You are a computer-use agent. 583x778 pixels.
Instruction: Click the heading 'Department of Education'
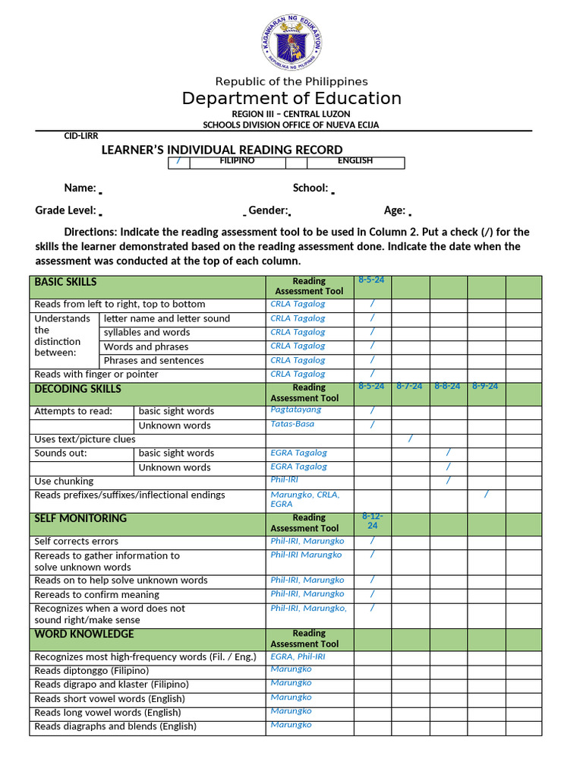point(291,99)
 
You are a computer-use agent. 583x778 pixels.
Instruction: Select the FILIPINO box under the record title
point(237,161)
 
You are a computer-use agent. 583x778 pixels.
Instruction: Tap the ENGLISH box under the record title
point(355,161)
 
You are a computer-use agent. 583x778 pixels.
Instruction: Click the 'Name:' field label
point(80,188)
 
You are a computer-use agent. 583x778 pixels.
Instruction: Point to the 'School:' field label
point(310,188)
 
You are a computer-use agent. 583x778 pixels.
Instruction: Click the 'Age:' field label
point(395,211)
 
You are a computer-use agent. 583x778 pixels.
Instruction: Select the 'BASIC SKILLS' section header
point(66,282)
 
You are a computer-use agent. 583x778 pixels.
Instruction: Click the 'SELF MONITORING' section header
point(80,518)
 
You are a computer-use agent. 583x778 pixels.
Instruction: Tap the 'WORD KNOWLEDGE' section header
point(84,634)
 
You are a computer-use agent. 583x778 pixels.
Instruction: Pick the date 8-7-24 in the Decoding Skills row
point(410,386)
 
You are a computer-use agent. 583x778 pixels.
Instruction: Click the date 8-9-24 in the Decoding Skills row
point(485,386)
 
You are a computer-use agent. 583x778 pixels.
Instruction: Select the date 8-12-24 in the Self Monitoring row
point(372,520)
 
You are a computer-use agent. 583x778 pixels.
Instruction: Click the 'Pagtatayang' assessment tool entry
point(296,410)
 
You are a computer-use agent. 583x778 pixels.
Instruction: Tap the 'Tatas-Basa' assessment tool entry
point(292,424)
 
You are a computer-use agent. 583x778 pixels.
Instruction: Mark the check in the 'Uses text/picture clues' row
point(410,438)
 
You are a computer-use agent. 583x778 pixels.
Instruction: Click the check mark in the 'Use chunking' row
point(448,480)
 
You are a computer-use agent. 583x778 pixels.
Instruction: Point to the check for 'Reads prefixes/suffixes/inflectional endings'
point(486,495)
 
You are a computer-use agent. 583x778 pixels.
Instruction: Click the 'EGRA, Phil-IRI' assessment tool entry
point(298,656)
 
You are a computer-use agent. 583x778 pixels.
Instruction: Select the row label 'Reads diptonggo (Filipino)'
point(92,671)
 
